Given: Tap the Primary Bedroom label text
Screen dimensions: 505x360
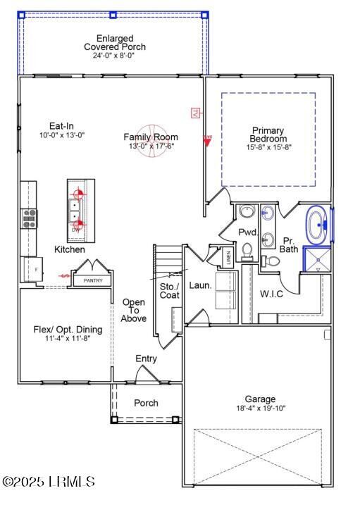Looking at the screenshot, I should pos(268,135).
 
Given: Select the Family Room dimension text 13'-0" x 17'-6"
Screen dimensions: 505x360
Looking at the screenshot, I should pos(151,146).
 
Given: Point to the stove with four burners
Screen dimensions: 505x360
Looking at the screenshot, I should pos(29,218).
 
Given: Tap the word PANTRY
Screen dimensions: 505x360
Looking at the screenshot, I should pos(93,281).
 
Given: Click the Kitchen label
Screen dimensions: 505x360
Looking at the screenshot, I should pos(70,250).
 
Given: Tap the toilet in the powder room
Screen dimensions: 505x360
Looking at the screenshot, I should pos(247,250).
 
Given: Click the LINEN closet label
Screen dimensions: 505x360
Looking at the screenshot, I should pos(228,258).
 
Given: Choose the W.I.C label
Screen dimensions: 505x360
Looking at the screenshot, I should pos(271,294).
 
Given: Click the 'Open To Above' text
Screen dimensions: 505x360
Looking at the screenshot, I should pos(134,311).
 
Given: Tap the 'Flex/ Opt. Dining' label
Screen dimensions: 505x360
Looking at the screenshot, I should pos(68,330).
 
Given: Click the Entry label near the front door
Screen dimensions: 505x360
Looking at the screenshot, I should pos(146,359).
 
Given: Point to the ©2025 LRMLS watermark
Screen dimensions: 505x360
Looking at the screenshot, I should pos(49,482).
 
